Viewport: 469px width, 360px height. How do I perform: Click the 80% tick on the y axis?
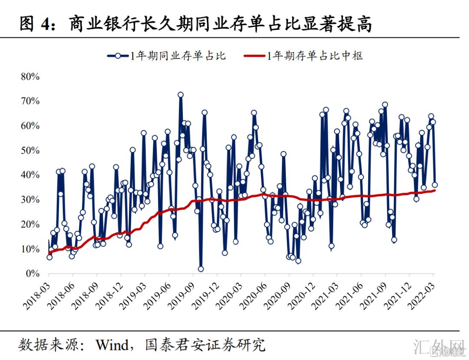tap(30, 77)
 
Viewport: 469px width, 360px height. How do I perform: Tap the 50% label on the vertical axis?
tap(30, 151)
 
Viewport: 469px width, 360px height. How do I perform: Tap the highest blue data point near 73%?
tap(181, 95)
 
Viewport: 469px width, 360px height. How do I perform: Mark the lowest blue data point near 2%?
tap(201, 269)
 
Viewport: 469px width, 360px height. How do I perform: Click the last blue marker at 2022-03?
tap(434, 185)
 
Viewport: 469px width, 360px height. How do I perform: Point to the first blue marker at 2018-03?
tap(50, 257)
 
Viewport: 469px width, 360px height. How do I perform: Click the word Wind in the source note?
tap(112, 345)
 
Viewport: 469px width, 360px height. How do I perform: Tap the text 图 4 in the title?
tap(36, 25)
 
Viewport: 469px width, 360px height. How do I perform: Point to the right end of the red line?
tap(435, 190)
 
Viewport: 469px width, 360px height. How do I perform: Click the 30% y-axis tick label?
tap(30, 200)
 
